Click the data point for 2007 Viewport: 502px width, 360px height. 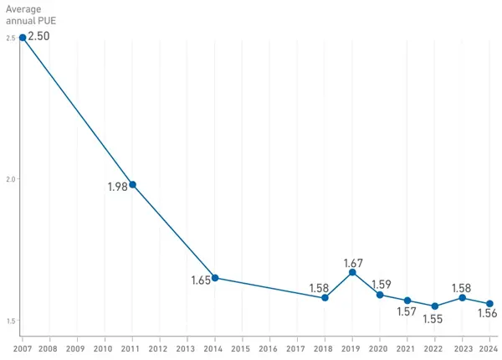pyautogui.click(x=22, y=37)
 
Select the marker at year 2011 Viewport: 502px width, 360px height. pyautogui.click(x=132, y=184)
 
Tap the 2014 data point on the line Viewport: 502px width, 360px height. pyautogui.click(x=215, y=278)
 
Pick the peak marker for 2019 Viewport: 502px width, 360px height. pyautogui.click(x=352, y=272)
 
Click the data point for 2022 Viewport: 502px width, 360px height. pyautogui.click(x=435, y=306)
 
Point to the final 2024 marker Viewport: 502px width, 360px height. pyautogui.click(x=490, y=304)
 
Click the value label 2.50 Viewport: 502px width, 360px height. pyautogui.click(x=39, y=37)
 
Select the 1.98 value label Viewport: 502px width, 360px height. pyautogui.click(x=117, y=187)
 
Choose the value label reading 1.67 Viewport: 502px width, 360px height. pyautogui.click(x=353, y=263)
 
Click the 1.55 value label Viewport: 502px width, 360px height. pyautogui.click(x=434, y=319)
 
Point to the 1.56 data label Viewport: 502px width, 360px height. pyautogui.click(x=488, y=314)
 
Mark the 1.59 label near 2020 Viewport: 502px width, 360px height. pyautogui.click(x=381, y=284)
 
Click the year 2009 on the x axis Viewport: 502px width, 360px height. pyautogui.click(x=76, y=347)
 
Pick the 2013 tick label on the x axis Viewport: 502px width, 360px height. pyautogui.click(x=187, y=347)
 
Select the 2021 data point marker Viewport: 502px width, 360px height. pyautogui.click(x=407, y=301)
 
